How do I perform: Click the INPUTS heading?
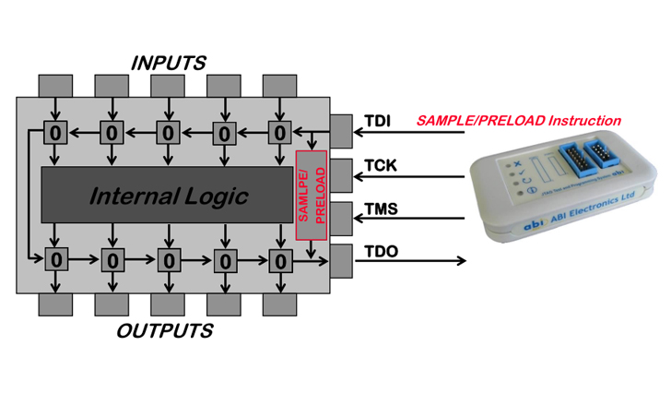pyautogui.click(x=168, y=63)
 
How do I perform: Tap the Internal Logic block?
pyautogui.click(x=168, y=196)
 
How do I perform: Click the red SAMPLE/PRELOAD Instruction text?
pyautogui.click(x=519, y=121)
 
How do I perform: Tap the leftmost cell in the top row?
pyautogui.click(x=55, y=133)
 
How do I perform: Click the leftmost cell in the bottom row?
pyautogui.click(x=55, y=259)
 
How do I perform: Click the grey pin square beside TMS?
pyautogui.click(x=340, y=218)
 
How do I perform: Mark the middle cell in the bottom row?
pyautogui.click(x=168, y=259)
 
